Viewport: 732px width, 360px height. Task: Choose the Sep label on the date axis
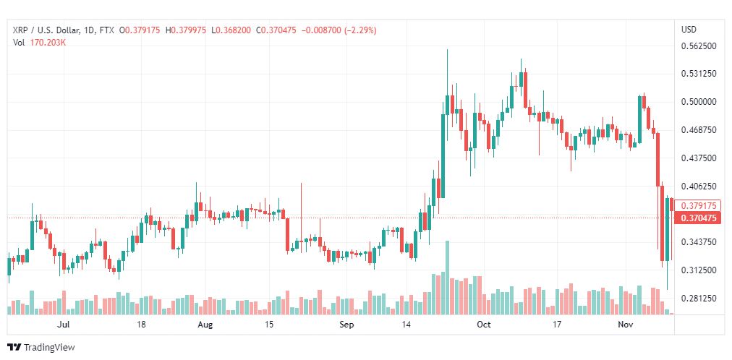[347, 325]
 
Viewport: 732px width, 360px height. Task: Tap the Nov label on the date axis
[624, 325]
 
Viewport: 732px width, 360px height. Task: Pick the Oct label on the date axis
[485, 325]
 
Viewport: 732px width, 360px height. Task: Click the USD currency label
[689, 30]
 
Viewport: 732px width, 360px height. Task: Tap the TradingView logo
[41, 348]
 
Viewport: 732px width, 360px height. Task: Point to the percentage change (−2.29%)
[360, 30]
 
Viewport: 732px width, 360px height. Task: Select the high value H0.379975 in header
[186, 30]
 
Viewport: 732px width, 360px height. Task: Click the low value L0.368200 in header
[231, 30]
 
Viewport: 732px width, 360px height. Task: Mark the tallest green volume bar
[447, 278]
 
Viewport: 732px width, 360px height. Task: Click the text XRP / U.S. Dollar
[44, 30]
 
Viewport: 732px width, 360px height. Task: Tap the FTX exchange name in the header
[107, 30]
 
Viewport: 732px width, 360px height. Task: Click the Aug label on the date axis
[205, 325]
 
